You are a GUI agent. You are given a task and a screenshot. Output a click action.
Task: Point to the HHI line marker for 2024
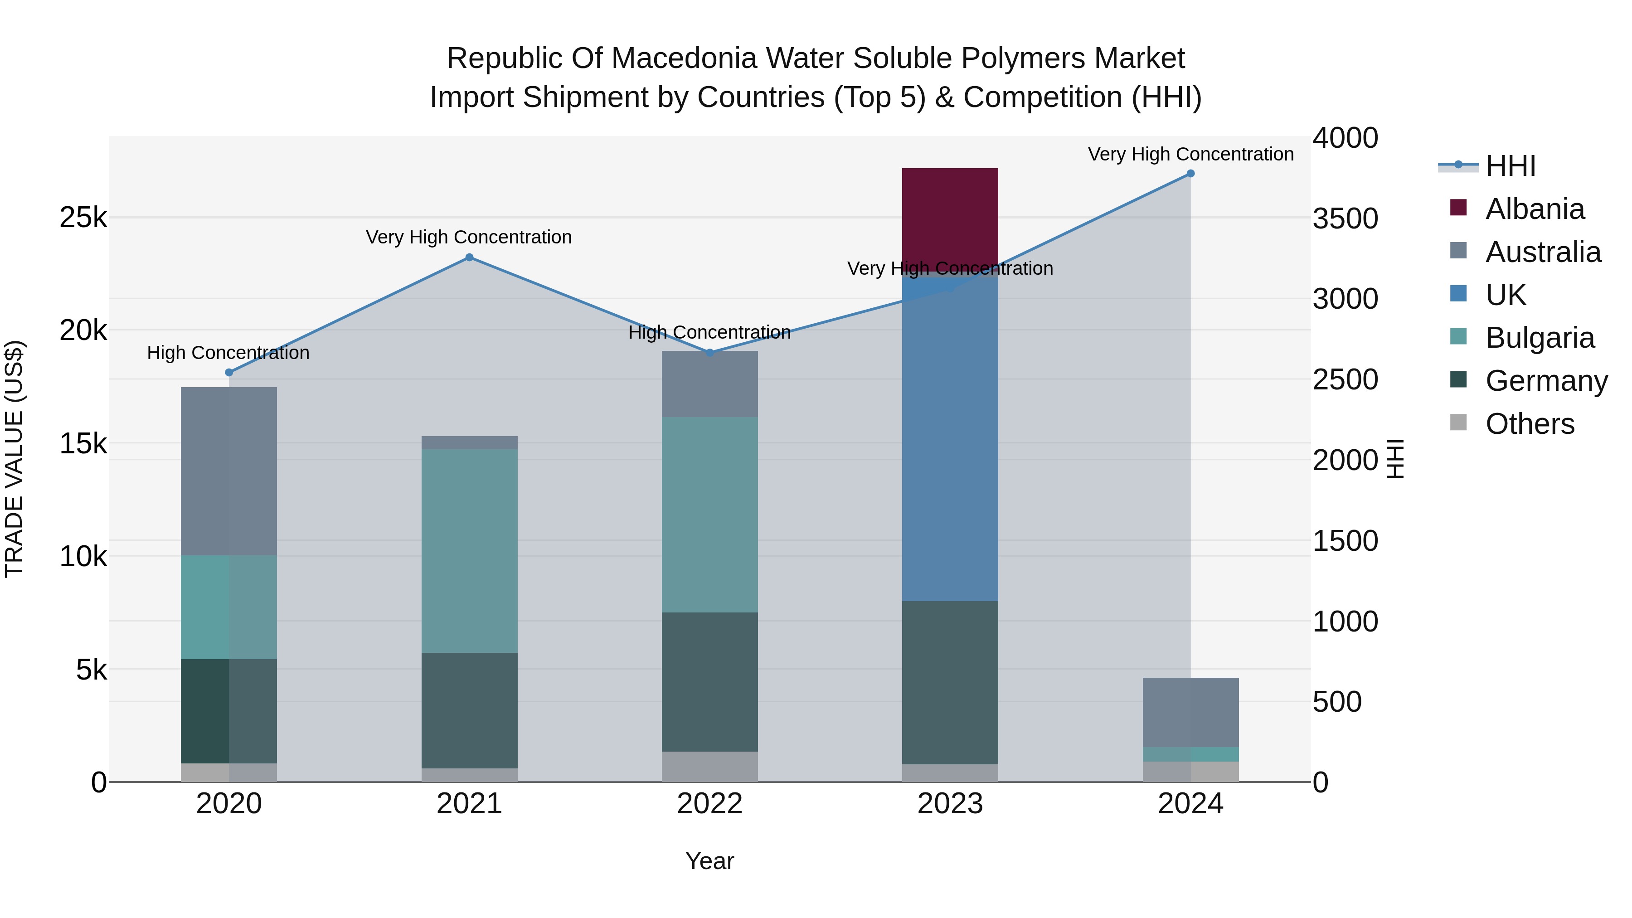(x=1190, y=174)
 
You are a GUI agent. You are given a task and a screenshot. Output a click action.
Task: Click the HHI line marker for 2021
(x=470, y=257)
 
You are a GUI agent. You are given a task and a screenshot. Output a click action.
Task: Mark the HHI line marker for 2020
(x=229, y=373)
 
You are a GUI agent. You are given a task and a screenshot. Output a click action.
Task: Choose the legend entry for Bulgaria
(x=1539, y=338)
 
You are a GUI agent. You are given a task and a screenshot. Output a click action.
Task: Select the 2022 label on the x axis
(x=709, y=804)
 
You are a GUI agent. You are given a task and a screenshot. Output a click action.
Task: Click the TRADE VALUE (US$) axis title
(x=14, y=459)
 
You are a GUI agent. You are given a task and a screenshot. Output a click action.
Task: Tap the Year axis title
(x=709, y=861)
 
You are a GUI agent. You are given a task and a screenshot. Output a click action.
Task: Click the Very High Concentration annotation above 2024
(x=1190, y=154)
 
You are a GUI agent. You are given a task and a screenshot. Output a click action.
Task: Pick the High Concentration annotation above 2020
(x=228, y=352)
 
